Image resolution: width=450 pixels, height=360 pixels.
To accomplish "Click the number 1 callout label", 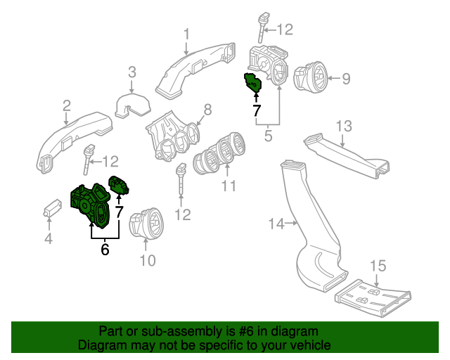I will pyautogui.click(x=187, y=34).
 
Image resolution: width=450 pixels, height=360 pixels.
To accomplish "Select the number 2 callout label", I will pyautogui.click(x=66, y=105).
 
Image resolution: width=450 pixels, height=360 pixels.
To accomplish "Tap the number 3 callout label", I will pyautogui.click(x=131, y=71).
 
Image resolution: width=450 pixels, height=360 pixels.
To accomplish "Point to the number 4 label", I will pyautogui.click(x=48, y=239).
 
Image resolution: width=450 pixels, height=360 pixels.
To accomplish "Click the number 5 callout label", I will pyautogui.click(x=268, y=134).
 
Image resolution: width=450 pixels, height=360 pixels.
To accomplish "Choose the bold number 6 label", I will pyautogui.click(x=105, y=249).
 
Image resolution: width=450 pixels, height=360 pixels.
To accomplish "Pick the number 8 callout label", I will pyautogui.click(x=207, y=110).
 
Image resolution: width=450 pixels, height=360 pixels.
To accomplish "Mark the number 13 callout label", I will pyautogui.click(x=342, y=126).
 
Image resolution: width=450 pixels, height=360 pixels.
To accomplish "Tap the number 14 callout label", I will pyautogui.click(x=276, y=224).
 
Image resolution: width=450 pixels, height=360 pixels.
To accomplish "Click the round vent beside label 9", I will pyautogui.click(x=309, y=77).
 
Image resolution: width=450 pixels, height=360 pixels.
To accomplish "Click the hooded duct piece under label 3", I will pyautogui.click(x=131, y=105).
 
